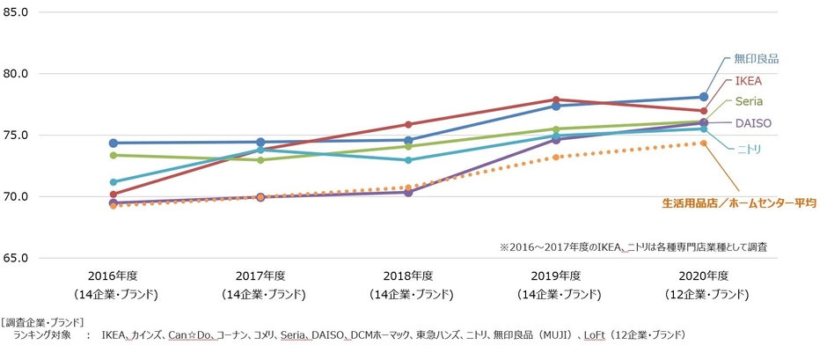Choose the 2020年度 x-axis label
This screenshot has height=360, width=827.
click(704, 275)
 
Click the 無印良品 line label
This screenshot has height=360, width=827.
click(756, 59)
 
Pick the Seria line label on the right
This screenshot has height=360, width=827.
click(749, 101)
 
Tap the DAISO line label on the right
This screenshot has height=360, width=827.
click(753, 123)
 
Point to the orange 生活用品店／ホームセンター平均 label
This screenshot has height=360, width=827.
click(738, 203)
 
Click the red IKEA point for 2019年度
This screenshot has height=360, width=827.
click(557, 99)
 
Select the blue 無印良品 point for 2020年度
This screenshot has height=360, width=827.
click(704, 97)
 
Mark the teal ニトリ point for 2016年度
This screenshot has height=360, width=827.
click(113, 182)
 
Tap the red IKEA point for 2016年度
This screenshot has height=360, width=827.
click(113, 195)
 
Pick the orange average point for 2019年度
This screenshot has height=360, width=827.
click(557, 158)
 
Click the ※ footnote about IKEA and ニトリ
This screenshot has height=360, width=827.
click(633, 247)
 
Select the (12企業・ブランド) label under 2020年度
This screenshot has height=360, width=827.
click(704, 293)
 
